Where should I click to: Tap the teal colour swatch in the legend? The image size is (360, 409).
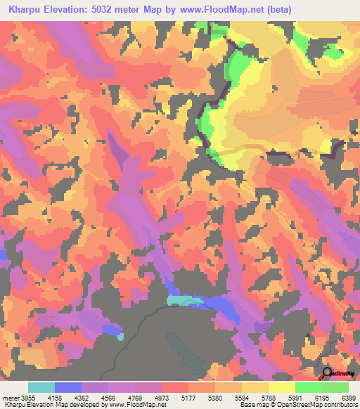click(x=41, y=387)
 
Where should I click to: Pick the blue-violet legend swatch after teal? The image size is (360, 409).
click(x=68, y=387)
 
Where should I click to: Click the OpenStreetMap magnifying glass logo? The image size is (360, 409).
click(x=328, y=374)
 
